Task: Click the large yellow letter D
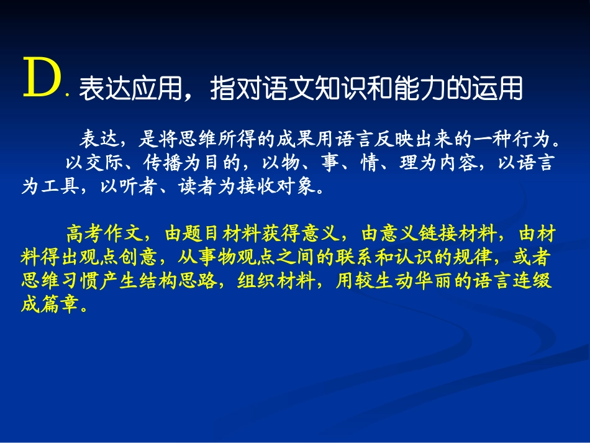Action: pyautogui.click(x=42, y=80)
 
